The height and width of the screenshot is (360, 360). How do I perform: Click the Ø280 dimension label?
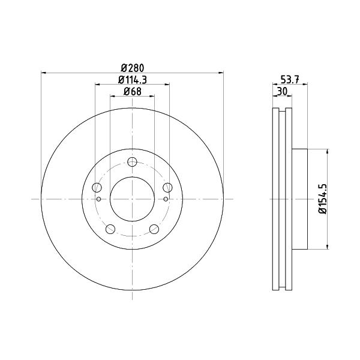132,68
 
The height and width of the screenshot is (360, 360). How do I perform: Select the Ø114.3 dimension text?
133,80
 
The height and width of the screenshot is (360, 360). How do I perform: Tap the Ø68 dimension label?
133,92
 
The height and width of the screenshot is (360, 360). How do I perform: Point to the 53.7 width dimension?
290,80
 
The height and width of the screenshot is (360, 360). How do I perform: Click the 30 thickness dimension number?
283,92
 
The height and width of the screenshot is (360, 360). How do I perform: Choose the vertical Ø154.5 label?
322,199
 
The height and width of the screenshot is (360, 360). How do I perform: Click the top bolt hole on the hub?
132,162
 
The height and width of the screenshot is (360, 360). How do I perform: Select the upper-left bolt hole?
97,188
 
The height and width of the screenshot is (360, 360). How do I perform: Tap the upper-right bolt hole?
167,188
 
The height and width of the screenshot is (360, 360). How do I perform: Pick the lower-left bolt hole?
110,229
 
